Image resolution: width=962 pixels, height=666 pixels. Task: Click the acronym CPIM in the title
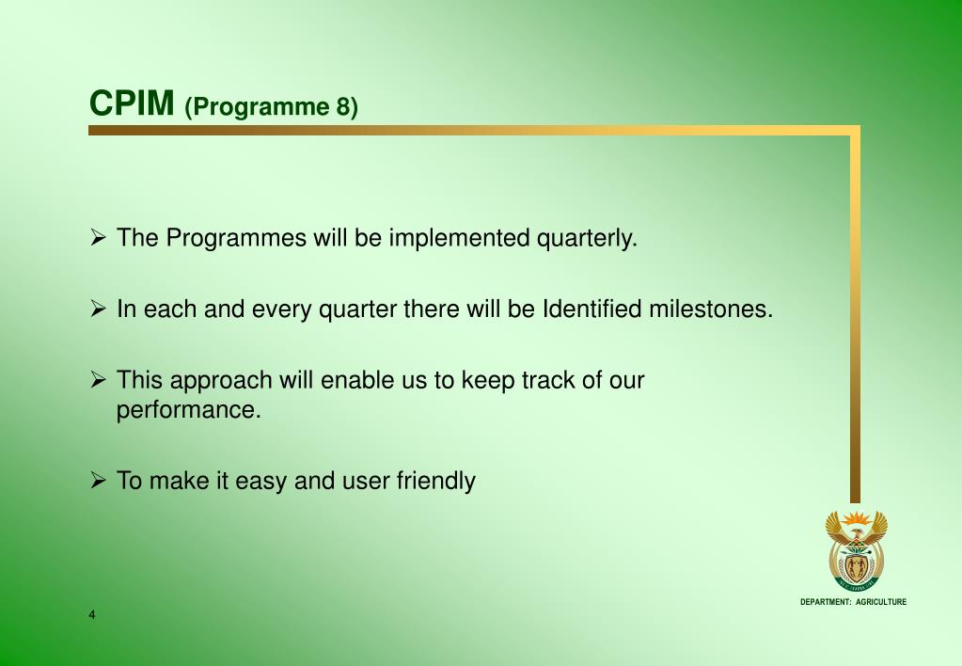click(132, 103)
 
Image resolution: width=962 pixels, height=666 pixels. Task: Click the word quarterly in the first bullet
click(587, 238)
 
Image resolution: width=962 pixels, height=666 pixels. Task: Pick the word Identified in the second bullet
click(592, 309)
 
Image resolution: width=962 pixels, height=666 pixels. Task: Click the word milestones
click(711, 309)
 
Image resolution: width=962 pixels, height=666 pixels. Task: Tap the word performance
click(189, 410)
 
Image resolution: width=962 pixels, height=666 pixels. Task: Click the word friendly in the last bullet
click(436, 481)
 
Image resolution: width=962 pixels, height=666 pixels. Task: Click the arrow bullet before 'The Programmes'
click(98, 237)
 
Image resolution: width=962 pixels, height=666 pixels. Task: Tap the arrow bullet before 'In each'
click(98, 308)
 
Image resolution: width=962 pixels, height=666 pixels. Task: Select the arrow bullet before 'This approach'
click(98, 379)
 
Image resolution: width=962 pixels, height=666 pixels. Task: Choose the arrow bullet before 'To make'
click(98, 480)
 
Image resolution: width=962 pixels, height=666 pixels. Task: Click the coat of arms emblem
click(856, 550)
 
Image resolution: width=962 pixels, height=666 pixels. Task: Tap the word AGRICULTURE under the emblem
click(881, 602)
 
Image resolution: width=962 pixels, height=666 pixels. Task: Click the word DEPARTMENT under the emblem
click(826, 602)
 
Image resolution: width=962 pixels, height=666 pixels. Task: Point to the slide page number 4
click(92, 615)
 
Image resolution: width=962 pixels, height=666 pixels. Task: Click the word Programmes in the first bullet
click(236, 238)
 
